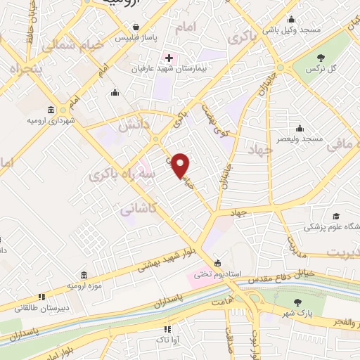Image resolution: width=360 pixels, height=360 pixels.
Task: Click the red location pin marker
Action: point(181,166)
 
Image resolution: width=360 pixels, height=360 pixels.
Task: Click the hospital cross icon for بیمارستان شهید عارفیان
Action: point(168,56)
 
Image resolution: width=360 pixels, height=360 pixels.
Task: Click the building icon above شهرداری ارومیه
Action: point(51,110)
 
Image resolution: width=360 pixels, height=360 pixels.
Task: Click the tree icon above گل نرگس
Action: point(321,58)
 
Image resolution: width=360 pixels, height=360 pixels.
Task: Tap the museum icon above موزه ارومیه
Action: point(84,274)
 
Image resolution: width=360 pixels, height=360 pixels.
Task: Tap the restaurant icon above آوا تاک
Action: point(167,328)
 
